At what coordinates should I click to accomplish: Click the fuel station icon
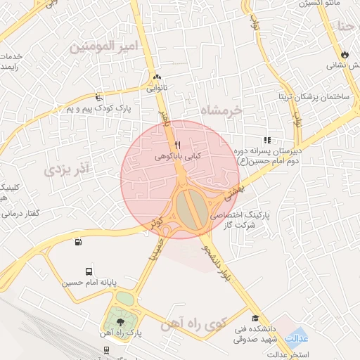click(77, 243)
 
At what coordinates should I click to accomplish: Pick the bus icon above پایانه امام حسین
click(89, 271)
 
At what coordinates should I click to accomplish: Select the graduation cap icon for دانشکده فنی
click(255, 319)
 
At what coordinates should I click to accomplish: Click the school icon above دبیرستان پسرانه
click(266, 140)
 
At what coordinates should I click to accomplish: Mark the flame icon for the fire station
click(344, 54)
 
